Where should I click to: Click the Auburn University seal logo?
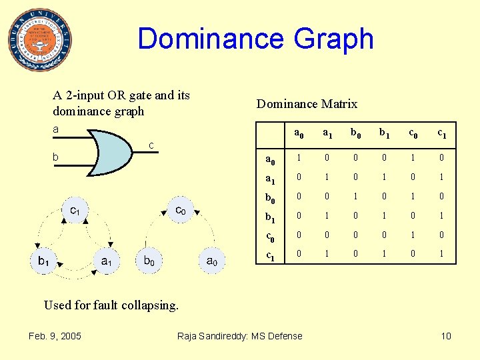[41, 40]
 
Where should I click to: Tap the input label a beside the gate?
[56, 129]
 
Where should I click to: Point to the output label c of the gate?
[152, 145]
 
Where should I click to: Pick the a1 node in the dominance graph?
[107, 261]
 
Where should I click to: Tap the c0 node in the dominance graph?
[181, 211]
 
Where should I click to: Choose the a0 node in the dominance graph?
[211, 261]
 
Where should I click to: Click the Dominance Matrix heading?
[307, 104]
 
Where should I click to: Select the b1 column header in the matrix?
[384, 133]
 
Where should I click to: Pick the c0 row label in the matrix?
[271, 235]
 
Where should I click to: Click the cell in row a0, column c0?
[413, 158]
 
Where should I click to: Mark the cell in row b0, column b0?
[355, 197]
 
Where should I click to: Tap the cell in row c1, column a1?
[327, 253]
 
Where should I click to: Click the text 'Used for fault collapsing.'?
[111, 305]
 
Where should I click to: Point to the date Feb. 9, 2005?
[55, 335]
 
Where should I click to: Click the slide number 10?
[446, 335]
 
